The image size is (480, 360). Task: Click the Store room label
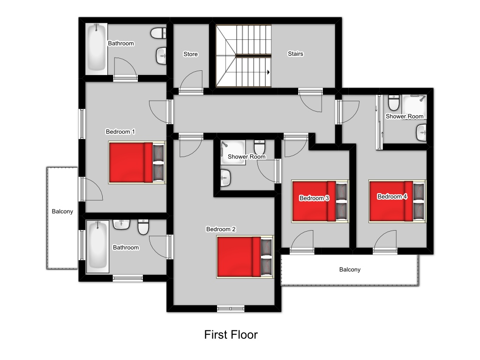(x=190, y=54)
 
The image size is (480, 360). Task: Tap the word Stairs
(x=295, y=54)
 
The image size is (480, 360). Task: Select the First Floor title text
(x=231, y=335)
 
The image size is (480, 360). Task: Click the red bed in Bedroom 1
(x=137, y=162)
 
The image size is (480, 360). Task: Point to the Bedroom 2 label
(x=221, y=229)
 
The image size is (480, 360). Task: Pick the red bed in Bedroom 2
(x=245, y=256)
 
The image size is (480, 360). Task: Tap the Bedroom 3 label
(x=314, y=198)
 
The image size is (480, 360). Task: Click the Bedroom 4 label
(x=392, y=196)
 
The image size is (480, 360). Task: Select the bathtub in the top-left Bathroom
(x=97, y=48)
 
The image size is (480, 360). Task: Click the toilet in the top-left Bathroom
(x=158, y=33)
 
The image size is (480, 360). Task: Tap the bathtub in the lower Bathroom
(x=97, y=247)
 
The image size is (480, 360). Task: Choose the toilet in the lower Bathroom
(x=143, y=227)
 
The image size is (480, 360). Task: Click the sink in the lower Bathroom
(x=121, y=225)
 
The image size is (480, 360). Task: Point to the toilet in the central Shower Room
(x=260, y=147)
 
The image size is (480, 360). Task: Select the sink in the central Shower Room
(x=225, y=178)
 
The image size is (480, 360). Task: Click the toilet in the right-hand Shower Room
(x=394, y=103)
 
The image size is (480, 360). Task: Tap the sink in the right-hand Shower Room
(x=421, y=133)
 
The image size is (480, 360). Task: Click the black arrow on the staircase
(x=268, y=72)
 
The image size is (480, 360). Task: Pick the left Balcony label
(x=62, y=211)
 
